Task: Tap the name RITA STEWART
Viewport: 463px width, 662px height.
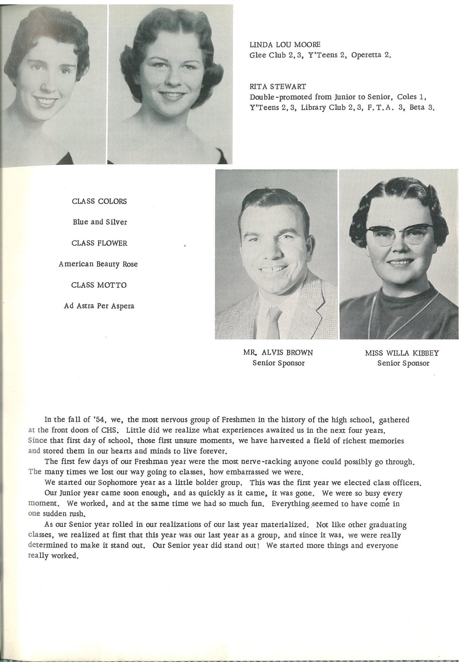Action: pos(277,86)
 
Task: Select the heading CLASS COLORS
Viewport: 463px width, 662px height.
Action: pos(99,201)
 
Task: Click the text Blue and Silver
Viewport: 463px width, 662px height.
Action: pos(100,222)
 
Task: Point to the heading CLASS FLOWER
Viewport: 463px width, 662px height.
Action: pos(99,243)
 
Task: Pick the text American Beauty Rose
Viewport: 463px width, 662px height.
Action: pos(98,264)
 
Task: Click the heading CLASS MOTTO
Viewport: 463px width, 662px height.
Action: pos(99,285)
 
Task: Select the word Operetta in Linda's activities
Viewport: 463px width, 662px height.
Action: pos(366,55)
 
